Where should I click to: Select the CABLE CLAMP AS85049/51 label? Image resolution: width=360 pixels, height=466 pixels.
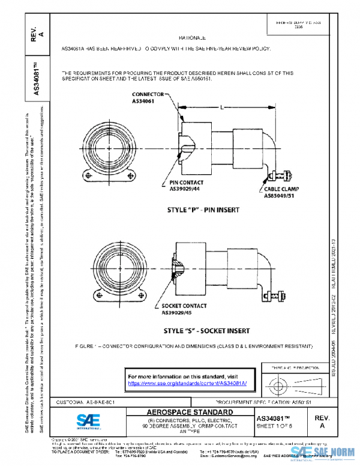pos(281,192)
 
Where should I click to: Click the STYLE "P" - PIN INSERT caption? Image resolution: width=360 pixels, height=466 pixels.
pos(203,210)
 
